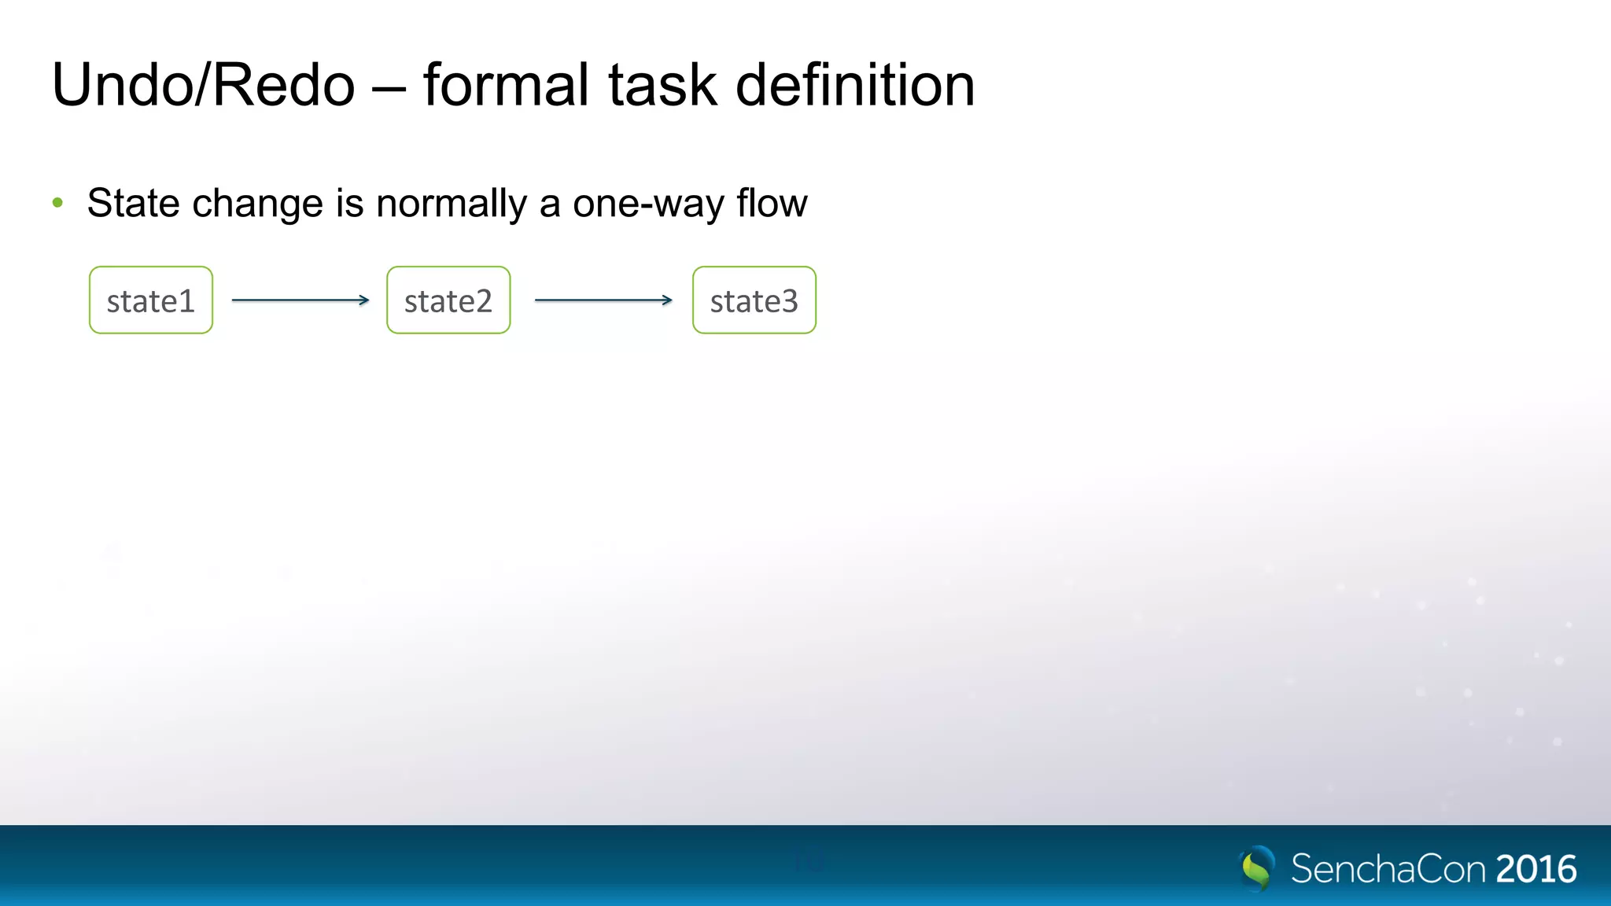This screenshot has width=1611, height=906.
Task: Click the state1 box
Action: (150, 300)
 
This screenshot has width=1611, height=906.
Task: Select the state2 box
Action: (448, 300)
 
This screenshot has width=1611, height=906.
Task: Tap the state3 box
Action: (754, 300)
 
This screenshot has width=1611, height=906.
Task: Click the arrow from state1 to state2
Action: (300, 300)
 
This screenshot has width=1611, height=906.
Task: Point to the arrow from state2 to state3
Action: (603, 300)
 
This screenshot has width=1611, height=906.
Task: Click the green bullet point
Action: (57, 204)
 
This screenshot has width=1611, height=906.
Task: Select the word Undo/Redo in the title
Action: (203, 85)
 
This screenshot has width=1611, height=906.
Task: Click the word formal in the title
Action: (506, 85)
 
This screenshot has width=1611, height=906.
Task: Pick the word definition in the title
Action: (855, 85)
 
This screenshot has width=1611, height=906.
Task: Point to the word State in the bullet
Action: (134, 204)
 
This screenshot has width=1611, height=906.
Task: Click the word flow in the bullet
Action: (772, 204)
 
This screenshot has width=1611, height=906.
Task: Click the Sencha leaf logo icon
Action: (1257, 867)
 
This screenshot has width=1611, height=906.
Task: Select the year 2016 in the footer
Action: (1535, 869)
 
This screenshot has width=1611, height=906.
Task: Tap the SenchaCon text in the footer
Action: (1388, 869)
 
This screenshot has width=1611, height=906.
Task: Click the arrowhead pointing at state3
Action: (668, 300)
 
